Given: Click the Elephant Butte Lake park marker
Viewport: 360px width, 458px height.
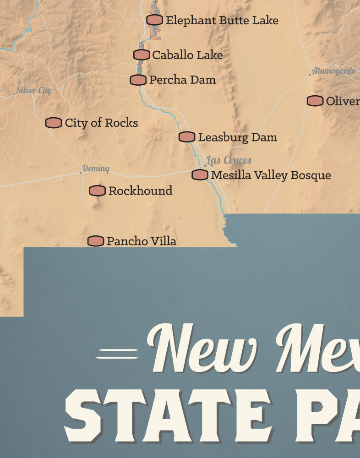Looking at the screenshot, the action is (155, 20).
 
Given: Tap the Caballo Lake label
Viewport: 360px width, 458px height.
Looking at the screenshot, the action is (187, 55).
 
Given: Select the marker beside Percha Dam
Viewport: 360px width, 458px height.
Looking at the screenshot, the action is (138, 80).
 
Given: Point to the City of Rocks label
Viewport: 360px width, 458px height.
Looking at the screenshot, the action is (101, 123).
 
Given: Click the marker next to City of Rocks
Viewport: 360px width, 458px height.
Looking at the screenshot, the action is (54, 123).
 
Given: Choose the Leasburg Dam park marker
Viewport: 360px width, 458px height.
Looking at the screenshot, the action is (187, 137).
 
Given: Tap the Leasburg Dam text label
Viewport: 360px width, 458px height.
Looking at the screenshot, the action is (237, 137).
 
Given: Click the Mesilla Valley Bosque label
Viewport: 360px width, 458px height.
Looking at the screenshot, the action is (271, 175).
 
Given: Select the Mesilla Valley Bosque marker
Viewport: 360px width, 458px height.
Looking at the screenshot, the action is (200, 174).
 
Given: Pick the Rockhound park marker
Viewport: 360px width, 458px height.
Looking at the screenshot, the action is (97, 191).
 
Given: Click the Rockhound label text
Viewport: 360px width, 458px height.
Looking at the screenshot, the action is (140, 191).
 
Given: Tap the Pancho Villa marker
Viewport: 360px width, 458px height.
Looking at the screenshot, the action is (96, 241).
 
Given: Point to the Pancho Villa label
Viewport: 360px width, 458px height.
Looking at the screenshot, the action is (141, 241).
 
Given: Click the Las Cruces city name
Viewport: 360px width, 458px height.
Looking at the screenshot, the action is (229, 160).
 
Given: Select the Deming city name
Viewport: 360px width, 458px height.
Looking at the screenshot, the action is (96, 169).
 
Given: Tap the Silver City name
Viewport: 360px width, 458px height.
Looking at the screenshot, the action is (34, 90).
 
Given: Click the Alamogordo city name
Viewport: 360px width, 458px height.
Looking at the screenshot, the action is (333, 71).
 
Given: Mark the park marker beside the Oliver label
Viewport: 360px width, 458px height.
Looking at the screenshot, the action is (315, 101).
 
